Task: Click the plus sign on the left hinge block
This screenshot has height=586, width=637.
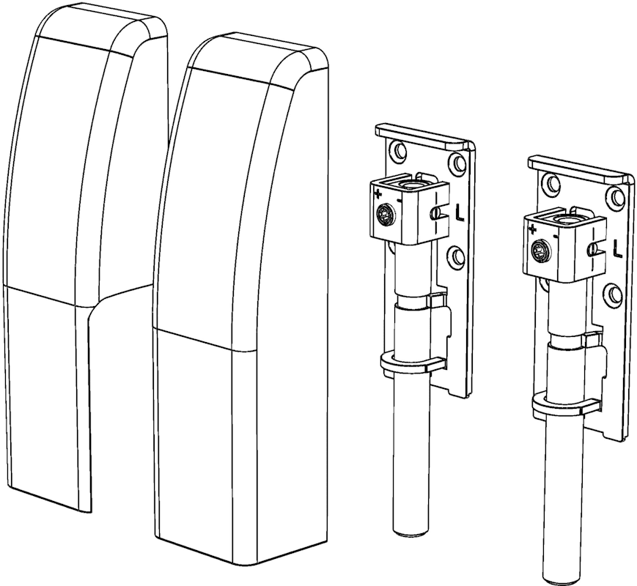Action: [378, 194]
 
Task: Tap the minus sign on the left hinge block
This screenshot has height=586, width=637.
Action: [399, 200]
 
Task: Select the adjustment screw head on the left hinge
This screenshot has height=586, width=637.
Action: [385, 214]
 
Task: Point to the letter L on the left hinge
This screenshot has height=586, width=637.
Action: [460, 213]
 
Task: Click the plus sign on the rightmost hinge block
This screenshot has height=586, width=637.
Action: [532, 230]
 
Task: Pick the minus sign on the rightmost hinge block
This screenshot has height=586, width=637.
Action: [555, 236]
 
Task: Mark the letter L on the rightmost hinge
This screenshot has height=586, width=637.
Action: [617, 249]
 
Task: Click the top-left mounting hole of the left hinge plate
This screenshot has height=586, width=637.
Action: [398, 150]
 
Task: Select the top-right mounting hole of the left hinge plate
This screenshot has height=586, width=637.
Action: [458, 163]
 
